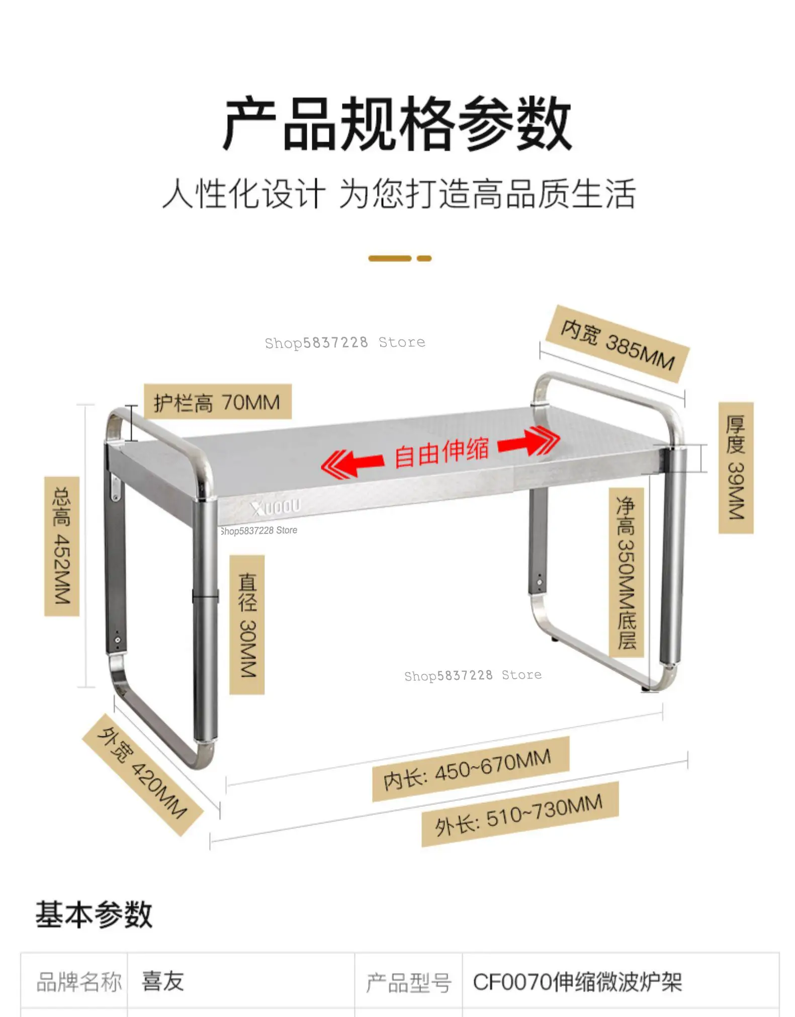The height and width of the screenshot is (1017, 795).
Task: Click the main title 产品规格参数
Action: coord(397,124)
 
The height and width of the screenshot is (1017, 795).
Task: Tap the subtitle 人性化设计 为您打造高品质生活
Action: coord(398,194)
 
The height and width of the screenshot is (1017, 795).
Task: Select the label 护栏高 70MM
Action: coord(217,402)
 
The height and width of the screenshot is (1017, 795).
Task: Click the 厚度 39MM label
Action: coord(735,467)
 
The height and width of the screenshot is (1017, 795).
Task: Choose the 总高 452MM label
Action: coord(62,546)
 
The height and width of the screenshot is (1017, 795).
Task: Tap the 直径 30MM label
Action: coord(247,625)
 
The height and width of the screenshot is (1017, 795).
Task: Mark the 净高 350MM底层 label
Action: coord(626,572)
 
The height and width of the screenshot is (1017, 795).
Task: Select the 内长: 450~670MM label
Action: coord(470,769)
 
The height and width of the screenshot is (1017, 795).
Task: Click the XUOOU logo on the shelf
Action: coord(276,507)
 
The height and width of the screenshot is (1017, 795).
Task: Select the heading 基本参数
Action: coord(94,913)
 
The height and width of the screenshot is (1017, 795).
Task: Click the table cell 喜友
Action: coord(163,981)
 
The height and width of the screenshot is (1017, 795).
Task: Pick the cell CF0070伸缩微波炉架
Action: coord(577,982)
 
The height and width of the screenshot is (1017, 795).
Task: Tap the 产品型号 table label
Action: coord(408,982)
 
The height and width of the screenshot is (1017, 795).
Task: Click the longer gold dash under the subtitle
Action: coord(390,258)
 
